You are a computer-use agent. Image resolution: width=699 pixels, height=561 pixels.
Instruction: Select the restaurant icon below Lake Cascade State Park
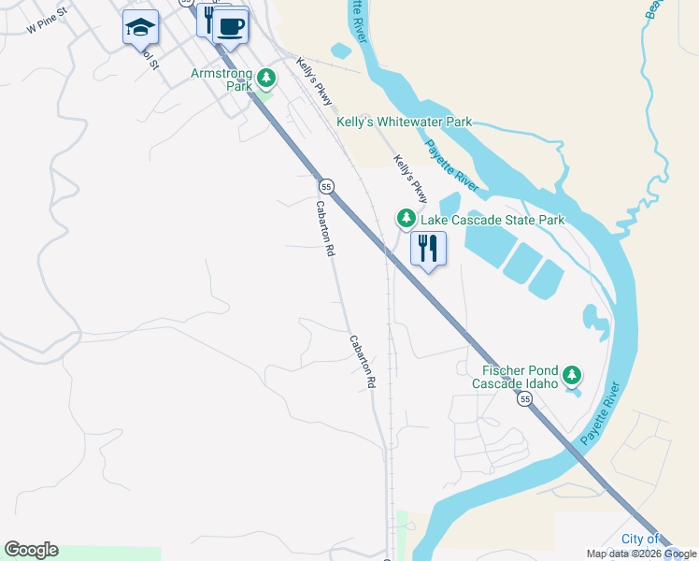tap(428, 249)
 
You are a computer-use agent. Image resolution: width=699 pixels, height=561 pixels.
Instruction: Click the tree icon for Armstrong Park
tap(266, 77)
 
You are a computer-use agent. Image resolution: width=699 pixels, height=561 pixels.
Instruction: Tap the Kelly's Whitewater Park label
tap(404, 122)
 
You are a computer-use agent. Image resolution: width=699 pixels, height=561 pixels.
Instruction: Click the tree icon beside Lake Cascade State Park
tap(406, 219)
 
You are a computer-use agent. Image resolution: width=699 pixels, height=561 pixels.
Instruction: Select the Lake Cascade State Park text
tap(492, 221)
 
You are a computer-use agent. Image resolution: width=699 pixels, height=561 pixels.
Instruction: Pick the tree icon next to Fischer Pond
tap(572, 376)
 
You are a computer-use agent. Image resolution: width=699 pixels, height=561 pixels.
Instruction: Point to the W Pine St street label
tap(49, 22)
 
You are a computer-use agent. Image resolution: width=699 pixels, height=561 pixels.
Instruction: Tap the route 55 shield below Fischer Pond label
tap(526, 399)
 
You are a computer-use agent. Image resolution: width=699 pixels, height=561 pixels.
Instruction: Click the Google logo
tap(31, 550)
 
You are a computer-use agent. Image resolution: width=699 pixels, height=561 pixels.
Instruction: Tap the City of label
tap(640, 539)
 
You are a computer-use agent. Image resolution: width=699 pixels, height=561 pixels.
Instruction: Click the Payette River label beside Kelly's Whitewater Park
tap(452, 165)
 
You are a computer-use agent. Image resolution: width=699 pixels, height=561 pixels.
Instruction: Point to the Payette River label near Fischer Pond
tap(601, 413)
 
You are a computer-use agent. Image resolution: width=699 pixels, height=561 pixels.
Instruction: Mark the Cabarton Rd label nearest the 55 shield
tap(324, 230)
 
